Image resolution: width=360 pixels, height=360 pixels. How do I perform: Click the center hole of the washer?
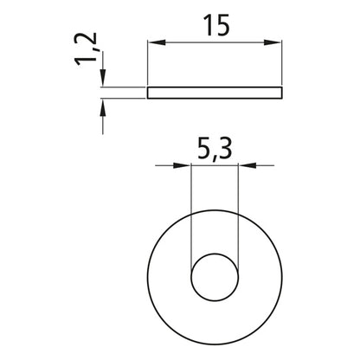[x=213, y=275]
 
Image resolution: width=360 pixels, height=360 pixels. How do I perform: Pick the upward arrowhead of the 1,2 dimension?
[x=103, y=106]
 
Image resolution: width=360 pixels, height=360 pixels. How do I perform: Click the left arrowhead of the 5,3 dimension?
[x=183, y=165]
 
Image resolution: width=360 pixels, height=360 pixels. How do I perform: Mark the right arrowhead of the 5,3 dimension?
[x=243, y=165]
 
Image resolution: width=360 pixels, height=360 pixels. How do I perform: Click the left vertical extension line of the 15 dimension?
[x=147, y=65]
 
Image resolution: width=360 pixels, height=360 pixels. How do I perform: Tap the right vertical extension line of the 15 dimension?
[x=283, y=65]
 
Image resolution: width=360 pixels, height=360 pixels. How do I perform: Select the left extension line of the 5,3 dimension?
[x=190, y=216]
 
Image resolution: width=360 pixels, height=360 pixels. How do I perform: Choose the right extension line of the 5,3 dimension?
[x=236, y=216]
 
